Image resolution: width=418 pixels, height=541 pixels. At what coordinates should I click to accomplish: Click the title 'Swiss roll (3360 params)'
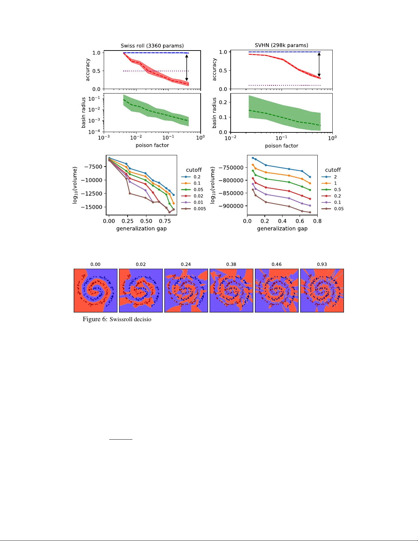[152, 46]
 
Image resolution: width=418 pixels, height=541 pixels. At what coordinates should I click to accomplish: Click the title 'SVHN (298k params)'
[282, 45]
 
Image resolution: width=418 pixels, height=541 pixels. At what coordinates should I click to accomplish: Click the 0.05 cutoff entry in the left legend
[192, 190]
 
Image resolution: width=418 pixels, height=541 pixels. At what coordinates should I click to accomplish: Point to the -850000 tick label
[231, 193]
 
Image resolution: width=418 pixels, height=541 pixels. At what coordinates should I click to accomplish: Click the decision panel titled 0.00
[96, 290]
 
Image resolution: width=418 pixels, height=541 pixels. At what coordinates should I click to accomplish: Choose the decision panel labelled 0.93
[322, 290]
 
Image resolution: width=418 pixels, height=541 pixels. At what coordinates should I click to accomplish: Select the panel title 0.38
[231, 264]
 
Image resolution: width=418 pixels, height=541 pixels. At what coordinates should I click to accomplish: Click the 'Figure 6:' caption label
[95, 319]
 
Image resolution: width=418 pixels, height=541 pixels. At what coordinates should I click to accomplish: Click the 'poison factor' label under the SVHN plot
[282, 146]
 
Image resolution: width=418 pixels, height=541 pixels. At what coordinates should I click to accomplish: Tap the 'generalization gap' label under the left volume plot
[141, 229]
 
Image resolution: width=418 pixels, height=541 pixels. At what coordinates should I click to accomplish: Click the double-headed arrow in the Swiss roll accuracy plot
[187, 68]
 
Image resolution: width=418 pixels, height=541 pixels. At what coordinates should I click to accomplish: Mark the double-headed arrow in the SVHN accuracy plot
[319, 65]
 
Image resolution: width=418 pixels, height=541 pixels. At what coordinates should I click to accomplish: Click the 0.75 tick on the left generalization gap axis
[165, 221]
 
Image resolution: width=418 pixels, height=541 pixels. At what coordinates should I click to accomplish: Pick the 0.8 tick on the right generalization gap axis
[317, 221]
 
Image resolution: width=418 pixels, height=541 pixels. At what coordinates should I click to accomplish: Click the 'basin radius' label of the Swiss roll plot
[84, 113]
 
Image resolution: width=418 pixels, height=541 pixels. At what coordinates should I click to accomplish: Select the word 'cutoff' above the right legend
[333, 170]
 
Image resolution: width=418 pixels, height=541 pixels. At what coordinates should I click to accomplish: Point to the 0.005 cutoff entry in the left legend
[194, 209]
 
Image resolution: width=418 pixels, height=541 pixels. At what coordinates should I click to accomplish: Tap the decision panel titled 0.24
[186, 290]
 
